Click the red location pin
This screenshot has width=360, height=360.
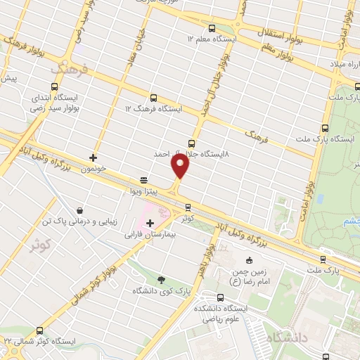[x=181, y=166]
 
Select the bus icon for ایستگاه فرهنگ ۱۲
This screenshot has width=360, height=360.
[x=153, y=98]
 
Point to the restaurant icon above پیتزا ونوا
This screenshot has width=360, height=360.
[x=143, y=179]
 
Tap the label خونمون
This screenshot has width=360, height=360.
[x=93, y=169]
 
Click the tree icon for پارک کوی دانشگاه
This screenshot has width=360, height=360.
[x=163, y=278]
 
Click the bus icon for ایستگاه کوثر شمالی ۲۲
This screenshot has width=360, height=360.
[x=39, y=330]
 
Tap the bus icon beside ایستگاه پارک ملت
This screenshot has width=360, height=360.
[x=323, y=128]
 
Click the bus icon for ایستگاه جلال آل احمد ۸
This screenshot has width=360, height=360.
[x=193, y=141]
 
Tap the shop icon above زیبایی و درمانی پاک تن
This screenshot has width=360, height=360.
[x=79, y=210]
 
